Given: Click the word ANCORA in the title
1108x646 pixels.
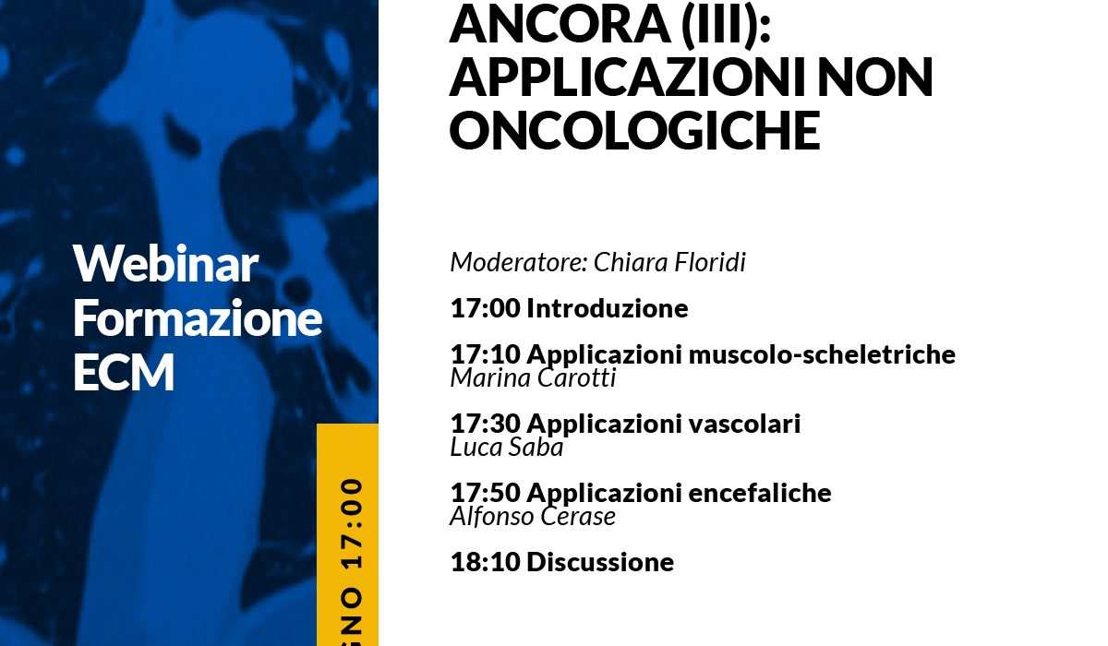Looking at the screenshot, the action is click(560, 24).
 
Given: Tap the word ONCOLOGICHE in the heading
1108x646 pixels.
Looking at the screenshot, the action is click(634, 130).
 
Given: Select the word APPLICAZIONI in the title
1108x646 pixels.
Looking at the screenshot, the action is click(628, 78).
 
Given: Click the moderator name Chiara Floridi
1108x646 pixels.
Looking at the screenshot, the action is click(669, 261).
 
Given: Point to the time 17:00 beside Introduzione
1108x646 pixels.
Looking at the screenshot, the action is click(486, 308).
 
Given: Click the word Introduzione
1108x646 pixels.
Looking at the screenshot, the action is click(607, 308).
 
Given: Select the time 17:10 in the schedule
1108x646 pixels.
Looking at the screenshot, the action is click(486, 354).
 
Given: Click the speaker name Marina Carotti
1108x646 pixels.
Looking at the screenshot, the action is click(533, 378).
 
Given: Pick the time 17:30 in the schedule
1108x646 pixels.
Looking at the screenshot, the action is click(486, 424).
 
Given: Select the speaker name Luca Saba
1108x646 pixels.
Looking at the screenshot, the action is click(507, 448).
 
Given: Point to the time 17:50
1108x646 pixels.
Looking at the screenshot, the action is click(486, 493).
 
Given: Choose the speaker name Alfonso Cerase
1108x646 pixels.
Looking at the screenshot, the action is click(533, 517).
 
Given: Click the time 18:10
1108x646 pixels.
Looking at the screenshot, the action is click(486, 562).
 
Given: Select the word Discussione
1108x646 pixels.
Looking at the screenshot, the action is click(600, 562).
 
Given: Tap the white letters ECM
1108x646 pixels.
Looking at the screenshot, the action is click(124, 372).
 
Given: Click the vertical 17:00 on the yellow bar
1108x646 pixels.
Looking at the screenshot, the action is click(352, 523).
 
